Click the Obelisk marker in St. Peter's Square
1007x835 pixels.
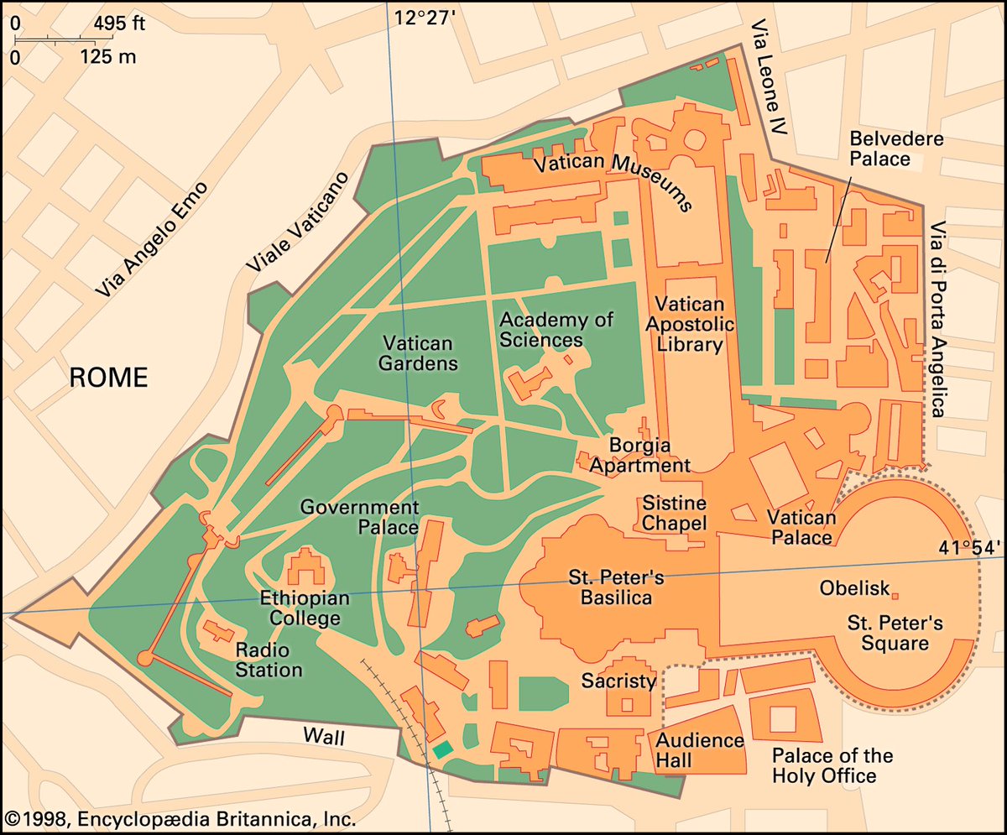(x=895, y=596)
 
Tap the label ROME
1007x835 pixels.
(x=108, y=378)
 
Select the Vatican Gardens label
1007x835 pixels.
(x=418, y=353)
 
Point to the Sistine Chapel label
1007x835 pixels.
(x=675, y=513)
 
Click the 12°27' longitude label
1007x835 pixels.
(x=425, y=17)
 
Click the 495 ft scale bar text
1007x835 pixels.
(x=118, y=23)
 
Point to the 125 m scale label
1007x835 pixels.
(x=109, y=58)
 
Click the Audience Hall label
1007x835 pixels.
(x=699, y=750)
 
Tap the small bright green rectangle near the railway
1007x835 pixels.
(x=442, y=749)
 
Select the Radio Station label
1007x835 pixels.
(x=269, y=660)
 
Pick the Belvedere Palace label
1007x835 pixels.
(x=884, y=148)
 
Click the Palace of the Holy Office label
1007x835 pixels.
(x=832, y=765)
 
